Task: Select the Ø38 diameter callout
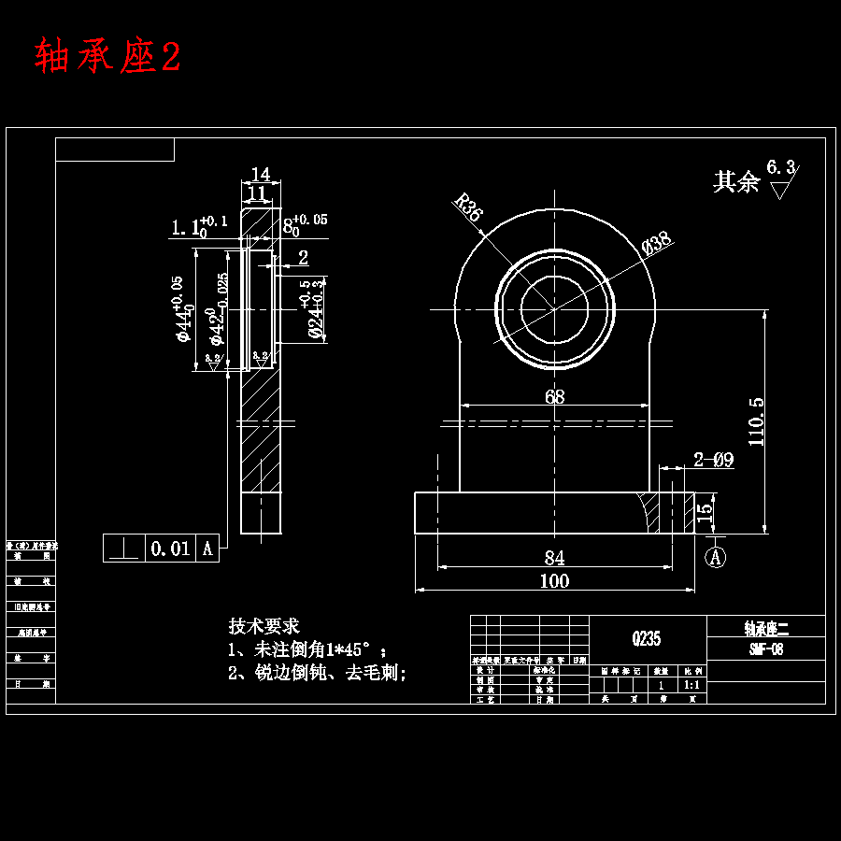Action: [658, 242]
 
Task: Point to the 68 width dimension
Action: [554, 396]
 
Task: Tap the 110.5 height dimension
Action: [756, 420]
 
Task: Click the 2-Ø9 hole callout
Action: [713, 459]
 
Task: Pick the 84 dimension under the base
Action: [554, 558]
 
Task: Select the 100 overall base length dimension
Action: [554, 581]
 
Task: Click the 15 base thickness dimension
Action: [707, 512]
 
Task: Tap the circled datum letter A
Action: [716, 557]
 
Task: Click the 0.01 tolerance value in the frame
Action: [170, 549]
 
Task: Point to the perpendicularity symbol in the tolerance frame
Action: [123, 549]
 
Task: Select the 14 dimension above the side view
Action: [261, 175]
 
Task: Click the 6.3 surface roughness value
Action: [780, 167]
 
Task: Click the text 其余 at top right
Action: [736, 182]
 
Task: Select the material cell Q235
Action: [647, 639]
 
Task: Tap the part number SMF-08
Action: [765, 649]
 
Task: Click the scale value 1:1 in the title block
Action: [693, 685]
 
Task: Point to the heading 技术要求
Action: [264, 626]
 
